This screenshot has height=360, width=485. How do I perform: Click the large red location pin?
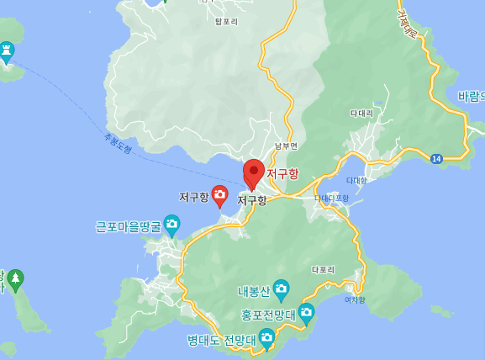(254, 172)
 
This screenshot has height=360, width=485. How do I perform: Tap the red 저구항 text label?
(282, 173)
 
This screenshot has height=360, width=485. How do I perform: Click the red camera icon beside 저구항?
(219, 196)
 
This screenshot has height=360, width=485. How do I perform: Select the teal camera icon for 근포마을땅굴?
(171, 225)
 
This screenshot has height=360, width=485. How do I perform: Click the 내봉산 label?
(253, 292)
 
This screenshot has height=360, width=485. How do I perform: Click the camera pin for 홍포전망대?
(306, 313)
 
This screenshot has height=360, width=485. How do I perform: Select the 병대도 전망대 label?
(221, 341)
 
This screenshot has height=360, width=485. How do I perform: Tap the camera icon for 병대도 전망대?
(266, 338)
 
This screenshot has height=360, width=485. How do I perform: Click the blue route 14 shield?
(436, 158)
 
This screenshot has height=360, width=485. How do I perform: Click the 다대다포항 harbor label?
(331, 199)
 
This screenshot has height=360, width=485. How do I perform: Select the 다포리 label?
(323, 270)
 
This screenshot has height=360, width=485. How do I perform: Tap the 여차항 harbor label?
(356, 299)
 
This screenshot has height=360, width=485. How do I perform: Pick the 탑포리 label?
(227, 20)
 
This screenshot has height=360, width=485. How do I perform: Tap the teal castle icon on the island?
(7, 51)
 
